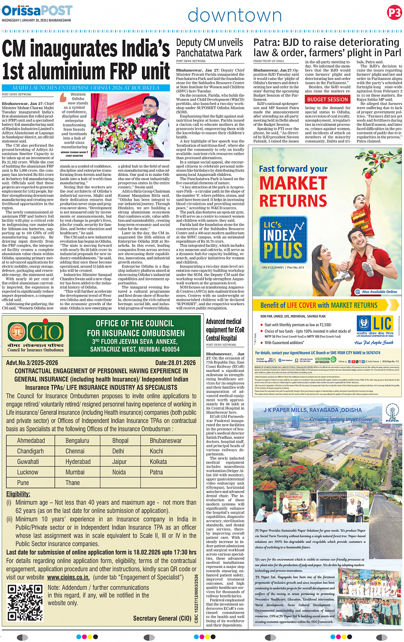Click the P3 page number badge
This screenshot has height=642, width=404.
394,13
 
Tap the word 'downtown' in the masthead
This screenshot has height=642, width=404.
235,15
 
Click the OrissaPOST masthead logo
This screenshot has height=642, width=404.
37,10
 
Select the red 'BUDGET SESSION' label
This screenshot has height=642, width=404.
327,99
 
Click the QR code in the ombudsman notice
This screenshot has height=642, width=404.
25,602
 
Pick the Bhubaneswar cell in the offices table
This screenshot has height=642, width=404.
165,440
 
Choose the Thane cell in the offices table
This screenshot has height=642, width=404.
73,483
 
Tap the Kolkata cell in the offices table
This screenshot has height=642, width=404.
158,462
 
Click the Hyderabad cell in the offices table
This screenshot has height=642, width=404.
78,462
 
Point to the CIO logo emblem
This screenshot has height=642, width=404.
35,332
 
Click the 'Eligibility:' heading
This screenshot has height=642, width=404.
18,494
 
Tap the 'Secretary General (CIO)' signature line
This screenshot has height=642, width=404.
162,618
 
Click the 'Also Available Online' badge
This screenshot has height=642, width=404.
376,292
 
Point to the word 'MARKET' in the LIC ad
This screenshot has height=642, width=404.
293,183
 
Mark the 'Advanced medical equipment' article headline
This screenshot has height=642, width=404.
225,330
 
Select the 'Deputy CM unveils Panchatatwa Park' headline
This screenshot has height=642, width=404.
209,48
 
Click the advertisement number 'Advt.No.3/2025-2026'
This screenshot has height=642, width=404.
32,363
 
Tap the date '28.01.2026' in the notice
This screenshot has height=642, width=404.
183,363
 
